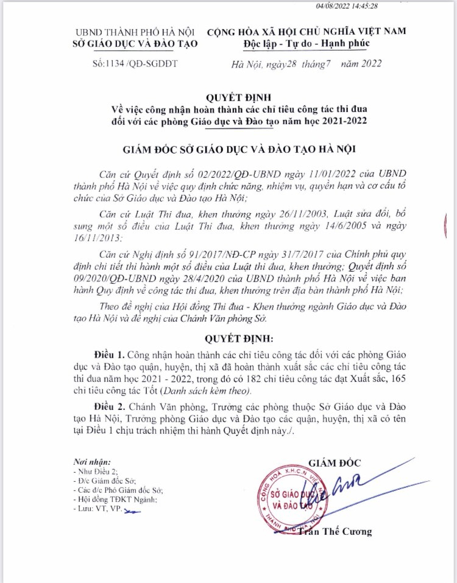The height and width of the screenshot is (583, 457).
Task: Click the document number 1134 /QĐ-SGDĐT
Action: [136, 63]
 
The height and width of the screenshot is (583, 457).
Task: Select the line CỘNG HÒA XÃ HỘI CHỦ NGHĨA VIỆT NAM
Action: [306, 32]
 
